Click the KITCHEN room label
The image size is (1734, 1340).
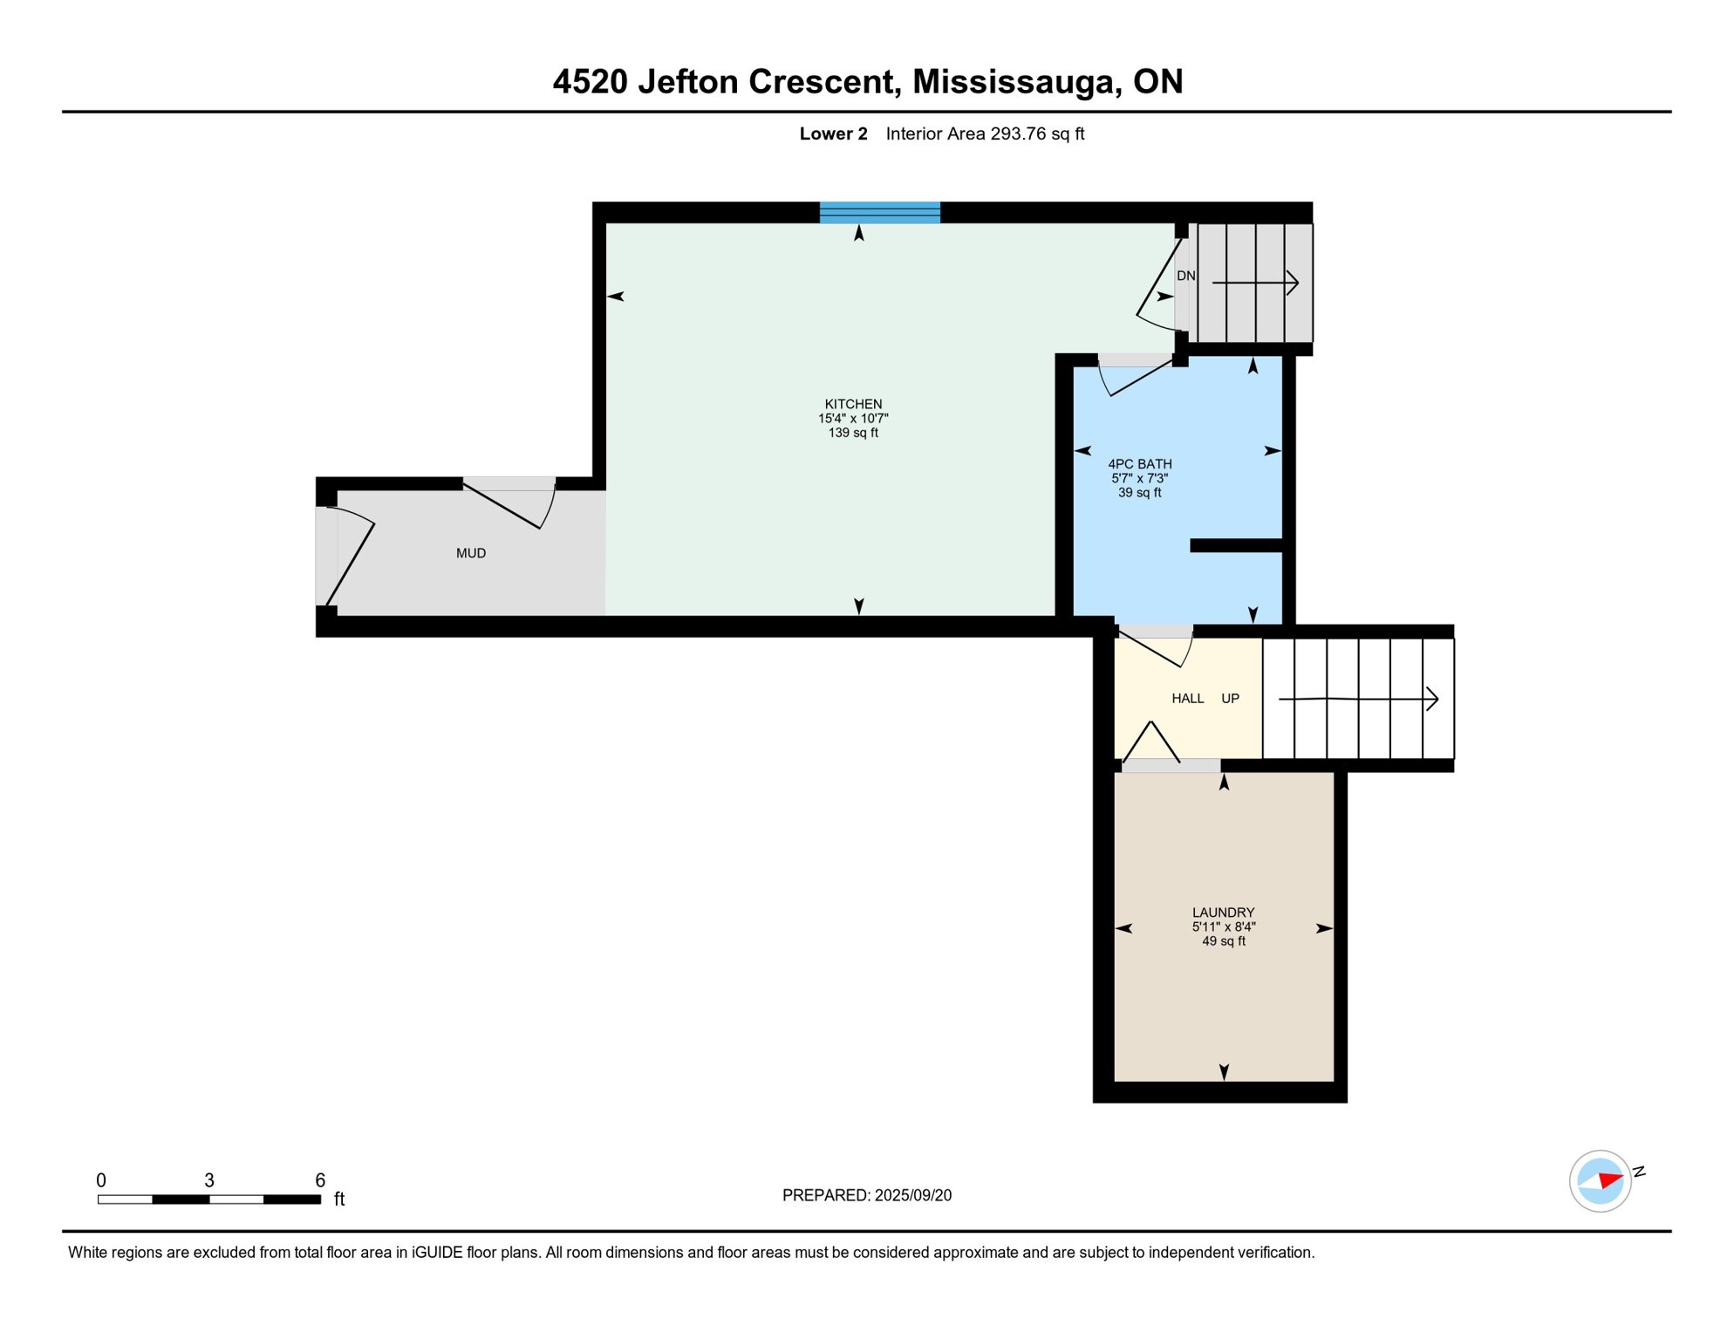tap(853, 404)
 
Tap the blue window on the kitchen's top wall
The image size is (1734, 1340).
tap(879, 212)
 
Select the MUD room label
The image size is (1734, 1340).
tap(471, 553)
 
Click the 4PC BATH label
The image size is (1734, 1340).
tap(1139, 464)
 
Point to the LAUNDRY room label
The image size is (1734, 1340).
tap(1223, 913)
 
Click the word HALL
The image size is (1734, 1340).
tap(1187, 699)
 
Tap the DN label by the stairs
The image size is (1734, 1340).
tap(1185, 276)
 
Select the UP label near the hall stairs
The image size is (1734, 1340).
tap(1230, 699)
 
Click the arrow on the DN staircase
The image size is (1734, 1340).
tap(1256, 283)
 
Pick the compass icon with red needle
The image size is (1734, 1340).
tap(1600, 1181)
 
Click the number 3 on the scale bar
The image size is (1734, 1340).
tap(209, 1180)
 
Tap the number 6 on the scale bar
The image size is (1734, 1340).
tap(320, 1180)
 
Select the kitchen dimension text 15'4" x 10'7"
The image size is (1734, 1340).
tap(853, 419)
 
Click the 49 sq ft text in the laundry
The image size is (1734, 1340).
tap(1223, 941)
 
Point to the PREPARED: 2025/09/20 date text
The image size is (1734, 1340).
tap(866, 1195)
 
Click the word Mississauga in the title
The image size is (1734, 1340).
tap(1016, 82)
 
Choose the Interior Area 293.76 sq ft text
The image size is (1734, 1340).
tap(985, 133)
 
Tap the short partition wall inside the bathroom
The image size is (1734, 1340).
tap(1235, 546)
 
